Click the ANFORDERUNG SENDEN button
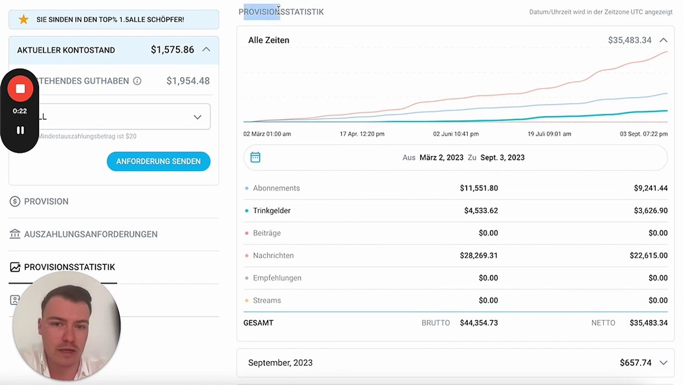coord(158,161)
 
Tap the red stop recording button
coord(20,89)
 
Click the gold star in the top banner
coord(24,19)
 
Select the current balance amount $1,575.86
coord(172,50)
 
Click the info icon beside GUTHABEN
coord(137,81)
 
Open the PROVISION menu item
coord(46,202)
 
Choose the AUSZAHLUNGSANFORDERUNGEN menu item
coord(90,234)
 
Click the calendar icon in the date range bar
coord(255,157)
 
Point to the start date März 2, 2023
coord(441,158)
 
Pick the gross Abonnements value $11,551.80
coord(478,188)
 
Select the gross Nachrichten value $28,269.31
coord(478,256)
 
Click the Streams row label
coord(267,301)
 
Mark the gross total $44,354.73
coord(478,323)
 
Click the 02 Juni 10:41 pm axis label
coord(455,134)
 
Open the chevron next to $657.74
coord(663,363)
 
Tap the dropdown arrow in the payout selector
coord(197,117)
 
